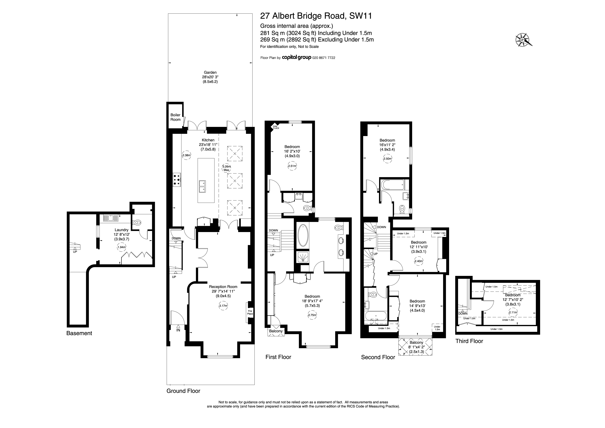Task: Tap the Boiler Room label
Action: [176, 117]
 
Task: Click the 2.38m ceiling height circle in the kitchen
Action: [186, 155]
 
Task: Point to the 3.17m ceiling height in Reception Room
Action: [223, 306]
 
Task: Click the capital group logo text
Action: [297, 57]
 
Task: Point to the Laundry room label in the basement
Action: [121, 230]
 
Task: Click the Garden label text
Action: [210, 72]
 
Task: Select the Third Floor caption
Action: [469, 341]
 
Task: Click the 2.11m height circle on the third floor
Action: [513, 312]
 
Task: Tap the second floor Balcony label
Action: [416, 343]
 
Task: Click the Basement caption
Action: [79, 333]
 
